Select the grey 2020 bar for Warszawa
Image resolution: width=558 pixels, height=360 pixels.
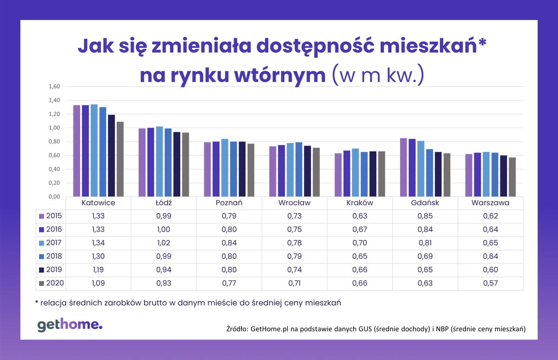point(512,177)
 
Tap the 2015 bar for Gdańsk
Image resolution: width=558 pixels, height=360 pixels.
point(403,167)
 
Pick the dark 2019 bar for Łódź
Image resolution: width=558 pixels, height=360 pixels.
point(177,164)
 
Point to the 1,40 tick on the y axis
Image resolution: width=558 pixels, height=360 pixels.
point(54,100)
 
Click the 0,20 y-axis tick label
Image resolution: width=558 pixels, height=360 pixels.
point(54,183)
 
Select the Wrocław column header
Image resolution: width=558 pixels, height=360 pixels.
point(294,203)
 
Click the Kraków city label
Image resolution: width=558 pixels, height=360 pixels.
point(360,203)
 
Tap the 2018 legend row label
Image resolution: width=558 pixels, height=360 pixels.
point(54,256)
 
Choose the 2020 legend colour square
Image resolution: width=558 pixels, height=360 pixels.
point(41,283)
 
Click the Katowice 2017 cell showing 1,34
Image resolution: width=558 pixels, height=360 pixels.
point(98,243)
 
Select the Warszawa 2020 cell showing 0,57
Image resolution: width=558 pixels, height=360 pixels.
point(490,283)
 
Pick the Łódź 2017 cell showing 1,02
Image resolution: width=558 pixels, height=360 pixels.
point(163,243)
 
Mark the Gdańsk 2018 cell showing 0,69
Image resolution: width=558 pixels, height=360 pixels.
point(425,256)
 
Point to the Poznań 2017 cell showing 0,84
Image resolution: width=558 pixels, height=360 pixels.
point(229,243)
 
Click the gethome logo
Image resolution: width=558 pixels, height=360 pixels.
point(70,325)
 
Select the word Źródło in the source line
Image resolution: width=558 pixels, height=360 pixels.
point(237,329)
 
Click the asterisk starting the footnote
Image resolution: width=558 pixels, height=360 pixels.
point(37,302)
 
